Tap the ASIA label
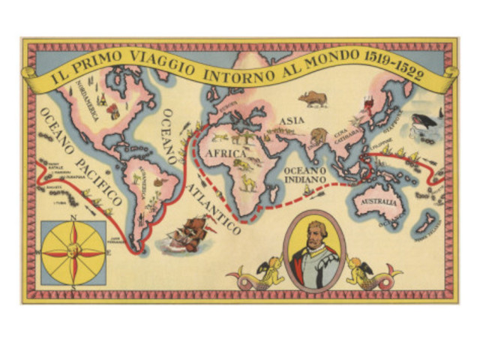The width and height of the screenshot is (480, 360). [291, 120]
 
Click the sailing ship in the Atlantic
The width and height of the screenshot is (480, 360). [187, 233]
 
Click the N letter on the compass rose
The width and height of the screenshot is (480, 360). [73, 218]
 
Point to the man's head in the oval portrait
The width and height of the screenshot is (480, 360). [314, 240]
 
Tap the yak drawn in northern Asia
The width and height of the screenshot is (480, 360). [313, 98]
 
